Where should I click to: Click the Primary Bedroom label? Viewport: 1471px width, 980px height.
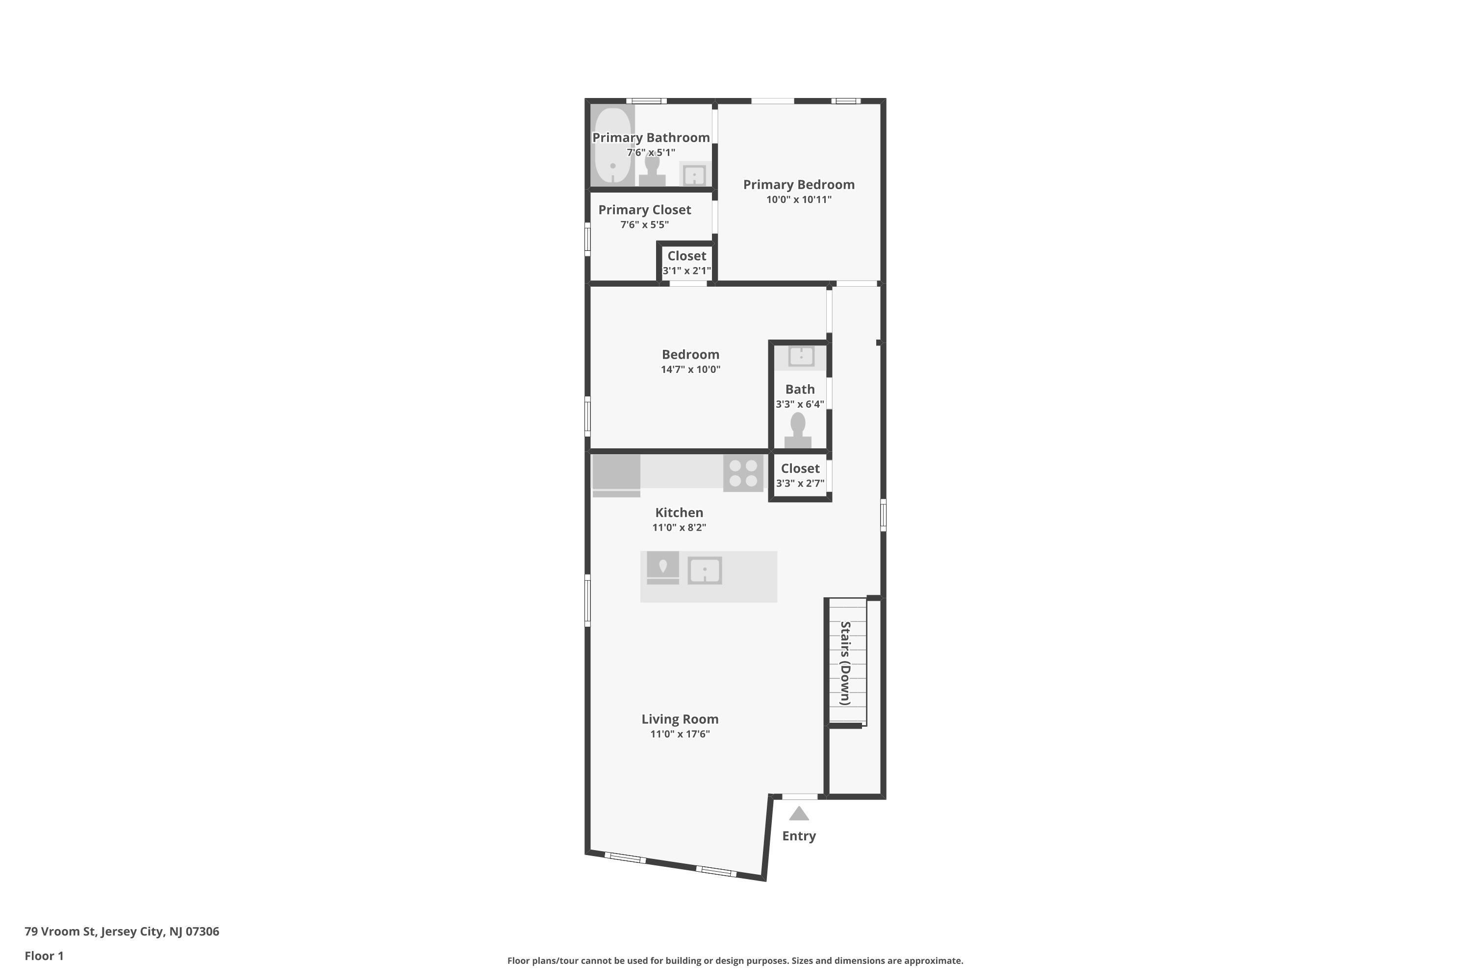[x=798, y=184]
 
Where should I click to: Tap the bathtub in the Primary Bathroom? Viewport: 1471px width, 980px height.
[x=613, y=147]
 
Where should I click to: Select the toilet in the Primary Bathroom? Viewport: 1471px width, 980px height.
[x=652, y=171]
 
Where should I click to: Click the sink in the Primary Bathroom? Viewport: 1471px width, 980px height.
[x=694, y=174]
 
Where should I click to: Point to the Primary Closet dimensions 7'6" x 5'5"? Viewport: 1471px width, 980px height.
[x=644, y=224]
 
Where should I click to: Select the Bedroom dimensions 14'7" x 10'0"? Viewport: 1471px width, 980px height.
[x=690, y=369]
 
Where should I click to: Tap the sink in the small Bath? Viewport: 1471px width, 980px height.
[x=801, y=356]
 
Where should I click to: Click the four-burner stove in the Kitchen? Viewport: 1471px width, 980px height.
[x=743, y=473]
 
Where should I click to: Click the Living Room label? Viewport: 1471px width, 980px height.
[x=680, y=719]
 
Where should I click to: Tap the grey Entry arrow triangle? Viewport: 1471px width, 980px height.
[x=799, y=814]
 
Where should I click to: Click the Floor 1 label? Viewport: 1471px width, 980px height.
[x=44, y=955]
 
